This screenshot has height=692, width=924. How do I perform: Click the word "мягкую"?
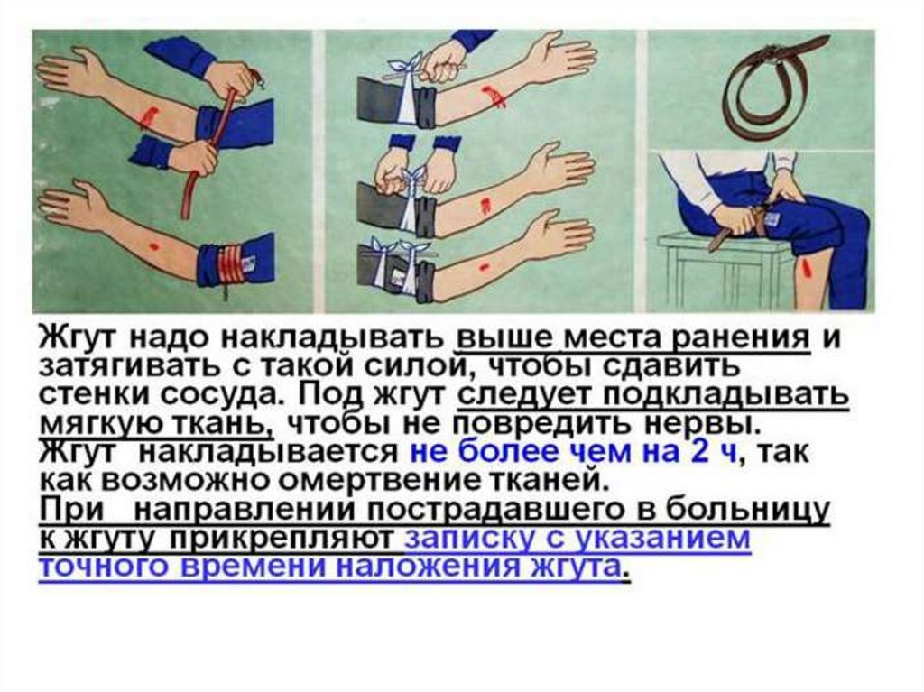(x=102, y=422)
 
